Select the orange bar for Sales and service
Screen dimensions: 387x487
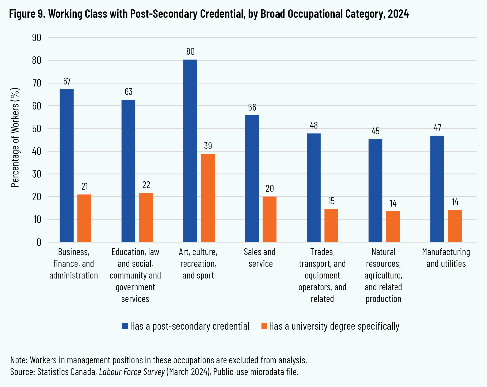click(x=269, y=219)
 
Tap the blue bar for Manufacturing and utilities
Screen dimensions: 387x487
click(x=437, y=189)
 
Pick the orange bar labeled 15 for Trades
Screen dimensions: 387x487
click(x=331, y=225)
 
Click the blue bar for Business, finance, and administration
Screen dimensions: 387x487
click(x=67, y=166)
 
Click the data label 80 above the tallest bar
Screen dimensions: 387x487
click(x=190, y=52)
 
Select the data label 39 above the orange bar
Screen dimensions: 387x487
click(x=208, y=146)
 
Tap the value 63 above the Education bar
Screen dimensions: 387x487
click(x=128, y=92)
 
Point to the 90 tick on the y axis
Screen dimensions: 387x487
click(x=37, y=38)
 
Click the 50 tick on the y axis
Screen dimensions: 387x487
click(x=37, y=129)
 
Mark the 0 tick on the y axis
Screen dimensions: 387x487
click(x=39, y=242)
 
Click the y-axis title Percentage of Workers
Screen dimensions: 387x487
click(x=15, y=138)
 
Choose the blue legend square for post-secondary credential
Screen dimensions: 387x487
click(x=125, y=326)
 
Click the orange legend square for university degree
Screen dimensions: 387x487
click(x=264, y=326)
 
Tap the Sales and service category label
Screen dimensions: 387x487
click(x=260, y=258)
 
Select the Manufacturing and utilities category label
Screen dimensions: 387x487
click(x=446, y=258)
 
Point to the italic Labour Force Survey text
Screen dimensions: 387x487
click(x=132, y=372)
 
